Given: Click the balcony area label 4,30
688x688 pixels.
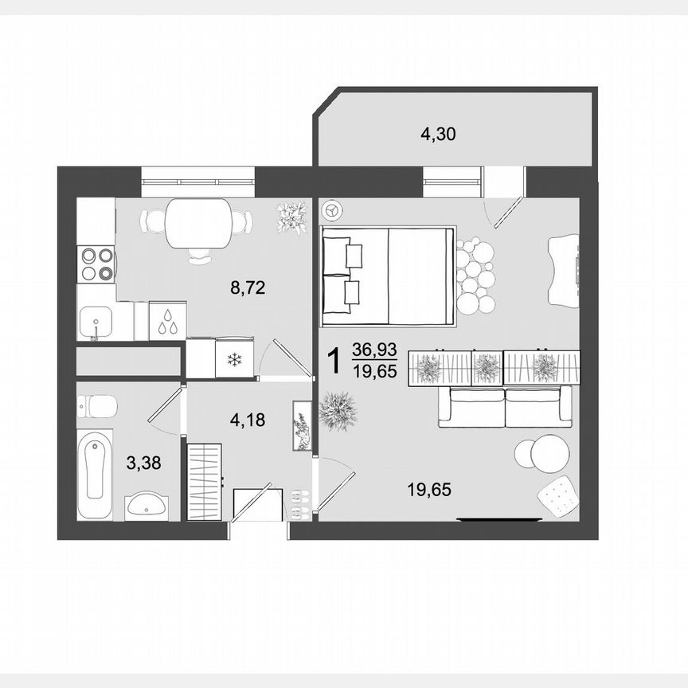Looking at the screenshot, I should [x=437, y=134].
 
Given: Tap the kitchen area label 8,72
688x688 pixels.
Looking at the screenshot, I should [x=247, y=287].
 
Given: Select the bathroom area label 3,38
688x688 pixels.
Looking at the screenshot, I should [x=143, y=462].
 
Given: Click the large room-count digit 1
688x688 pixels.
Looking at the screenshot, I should [x=335, y=362].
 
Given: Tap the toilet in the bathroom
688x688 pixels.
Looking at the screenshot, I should [x=96, y=406].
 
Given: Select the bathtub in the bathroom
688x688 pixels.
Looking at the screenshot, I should [x=95, y=475].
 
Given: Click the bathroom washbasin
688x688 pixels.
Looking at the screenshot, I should [x=147, y=504].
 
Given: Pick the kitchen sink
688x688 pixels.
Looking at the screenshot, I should [x=96, y=322].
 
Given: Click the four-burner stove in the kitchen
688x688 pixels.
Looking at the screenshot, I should [x=96, y=264].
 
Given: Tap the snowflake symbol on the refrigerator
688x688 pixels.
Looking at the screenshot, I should [x=234, y=359].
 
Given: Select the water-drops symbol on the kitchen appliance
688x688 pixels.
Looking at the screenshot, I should [x=167, y=322].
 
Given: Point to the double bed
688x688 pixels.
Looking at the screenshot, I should [x=388, y=276].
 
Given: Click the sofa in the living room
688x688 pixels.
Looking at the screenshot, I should [x=505, y=406].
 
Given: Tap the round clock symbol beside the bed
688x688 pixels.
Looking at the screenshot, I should [x=331, y=211].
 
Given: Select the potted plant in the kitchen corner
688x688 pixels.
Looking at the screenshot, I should [x=291, y=217].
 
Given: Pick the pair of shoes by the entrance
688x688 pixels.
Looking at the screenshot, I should [x=299, y=502].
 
